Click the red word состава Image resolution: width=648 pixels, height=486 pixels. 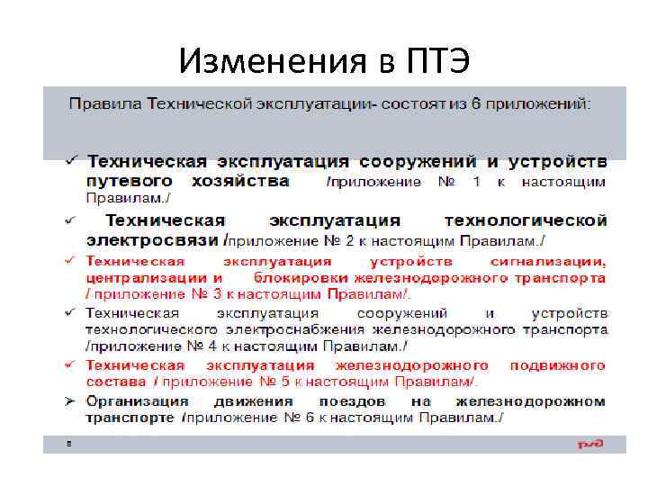[115, 382]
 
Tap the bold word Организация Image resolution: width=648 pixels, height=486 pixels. [138, 400]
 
